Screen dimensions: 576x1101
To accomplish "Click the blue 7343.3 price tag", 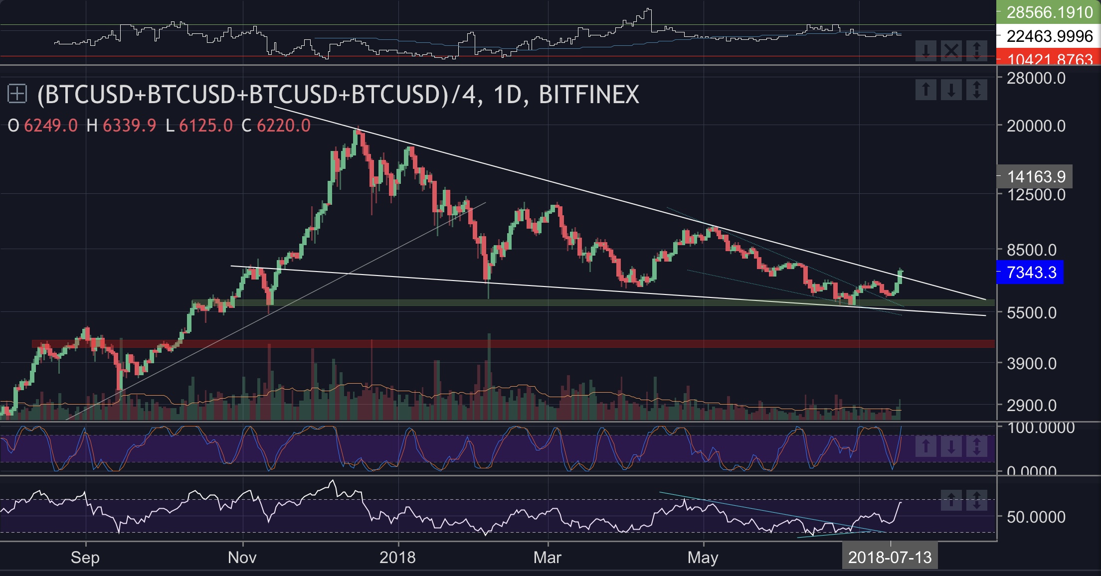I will pyautogui.click(x=1030, y=273).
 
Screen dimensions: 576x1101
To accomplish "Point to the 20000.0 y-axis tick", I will pyautogui.click(x=1036, y=126).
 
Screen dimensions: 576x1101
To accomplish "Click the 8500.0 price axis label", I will pyautogui.click(x=1031, y=250).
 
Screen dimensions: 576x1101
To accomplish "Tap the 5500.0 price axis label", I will pyautogui.click(x=1031, y=313).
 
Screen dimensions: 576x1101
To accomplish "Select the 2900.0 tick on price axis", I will pyautogui.click(x=1031, y=406).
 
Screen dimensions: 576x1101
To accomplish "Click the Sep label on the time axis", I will pyautogui.click(x=85, y=557).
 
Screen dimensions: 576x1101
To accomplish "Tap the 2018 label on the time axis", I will pyautogui.click(x=397, y=557).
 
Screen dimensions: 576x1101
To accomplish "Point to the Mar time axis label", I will pyautogui.click(x=547, y=557).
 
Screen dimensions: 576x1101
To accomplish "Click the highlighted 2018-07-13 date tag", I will pyautogui.click(x=890, y=557).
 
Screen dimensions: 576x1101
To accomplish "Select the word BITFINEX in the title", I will pyautogui.click(x=589, y=95).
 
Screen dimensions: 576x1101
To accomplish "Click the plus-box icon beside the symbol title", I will pyautogui.click(x=17, y=94).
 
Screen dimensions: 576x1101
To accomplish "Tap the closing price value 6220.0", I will pyautogui.click(x=283, y=126).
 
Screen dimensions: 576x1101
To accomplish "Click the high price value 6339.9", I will pyautogui.click(x=129, y=126).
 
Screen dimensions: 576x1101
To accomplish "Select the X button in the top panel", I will pyautogui.click(x=951, y=50).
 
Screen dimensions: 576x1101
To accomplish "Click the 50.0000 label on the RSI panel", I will pyautogui.click(x=1036, y=517).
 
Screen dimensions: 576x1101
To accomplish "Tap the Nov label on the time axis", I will pyautogui.click(x=242, y=557).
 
